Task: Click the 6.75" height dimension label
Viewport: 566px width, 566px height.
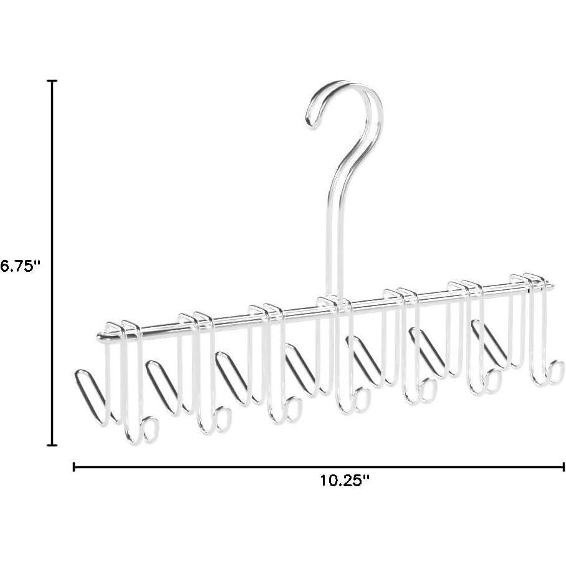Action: [21, 265]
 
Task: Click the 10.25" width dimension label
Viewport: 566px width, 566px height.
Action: [345, 481]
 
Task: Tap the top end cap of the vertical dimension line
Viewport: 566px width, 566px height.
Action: [52, 81]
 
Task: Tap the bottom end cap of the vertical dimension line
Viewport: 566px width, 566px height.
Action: [52, 445]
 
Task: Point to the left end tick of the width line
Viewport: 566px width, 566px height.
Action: [75, 466]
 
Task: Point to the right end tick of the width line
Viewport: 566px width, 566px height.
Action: [564, 466]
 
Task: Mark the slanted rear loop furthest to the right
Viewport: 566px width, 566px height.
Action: [489, 343]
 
